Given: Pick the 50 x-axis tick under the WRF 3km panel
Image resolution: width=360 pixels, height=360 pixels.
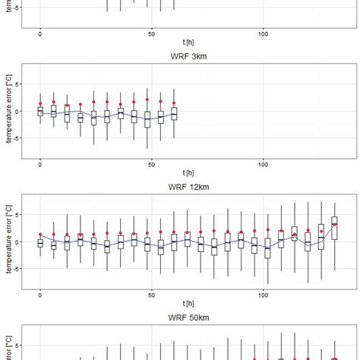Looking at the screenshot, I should point(152,163).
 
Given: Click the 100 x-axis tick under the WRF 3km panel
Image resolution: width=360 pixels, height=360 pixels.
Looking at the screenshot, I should point(263,163).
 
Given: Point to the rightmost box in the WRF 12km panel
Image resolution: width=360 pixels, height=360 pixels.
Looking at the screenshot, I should point(334,228).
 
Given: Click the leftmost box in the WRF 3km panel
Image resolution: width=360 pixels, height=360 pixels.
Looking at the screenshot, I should point(40,111).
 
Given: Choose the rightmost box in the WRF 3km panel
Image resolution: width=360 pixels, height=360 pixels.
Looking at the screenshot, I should point(174,113).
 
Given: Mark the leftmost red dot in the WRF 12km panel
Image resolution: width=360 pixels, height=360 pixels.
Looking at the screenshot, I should point(40,235).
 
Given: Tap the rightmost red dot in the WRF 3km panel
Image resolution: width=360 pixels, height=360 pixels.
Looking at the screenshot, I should point(174,103).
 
